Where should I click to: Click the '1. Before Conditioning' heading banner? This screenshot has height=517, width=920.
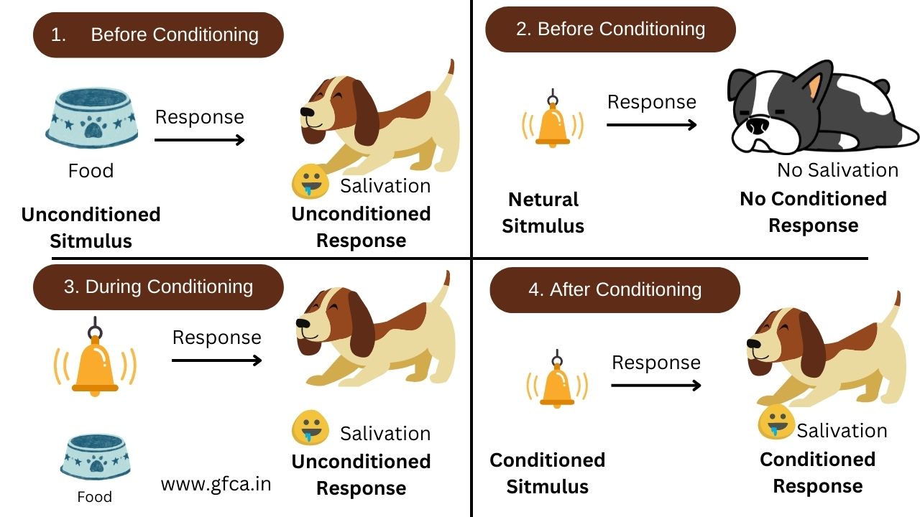tap(158, 35)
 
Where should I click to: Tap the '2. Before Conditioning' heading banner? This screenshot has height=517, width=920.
tap(610, 29)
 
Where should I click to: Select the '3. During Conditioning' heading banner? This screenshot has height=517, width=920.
tap(158, 287)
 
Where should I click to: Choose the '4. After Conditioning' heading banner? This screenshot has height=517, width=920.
tap(615, 289)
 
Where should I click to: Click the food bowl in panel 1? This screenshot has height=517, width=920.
tap(91, 117)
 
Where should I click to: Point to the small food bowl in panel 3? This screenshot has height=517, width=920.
tap(96, 457)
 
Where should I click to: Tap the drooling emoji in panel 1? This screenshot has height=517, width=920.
tap(310, 182)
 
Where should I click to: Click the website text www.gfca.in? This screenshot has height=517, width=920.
tap(216, 484)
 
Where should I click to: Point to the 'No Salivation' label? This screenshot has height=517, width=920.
tap(838, 170)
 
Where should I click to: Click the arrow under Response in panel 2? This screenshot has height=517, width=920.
tap(652, 125)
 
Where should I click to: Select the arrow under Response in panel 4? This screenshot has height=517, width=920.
tap(656, 386)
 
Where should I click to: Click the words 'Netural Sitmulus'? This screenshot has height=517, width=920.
tap(543, 213)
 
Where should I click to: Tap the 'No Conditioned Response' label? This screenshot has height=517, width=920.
tap(813, 212)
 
